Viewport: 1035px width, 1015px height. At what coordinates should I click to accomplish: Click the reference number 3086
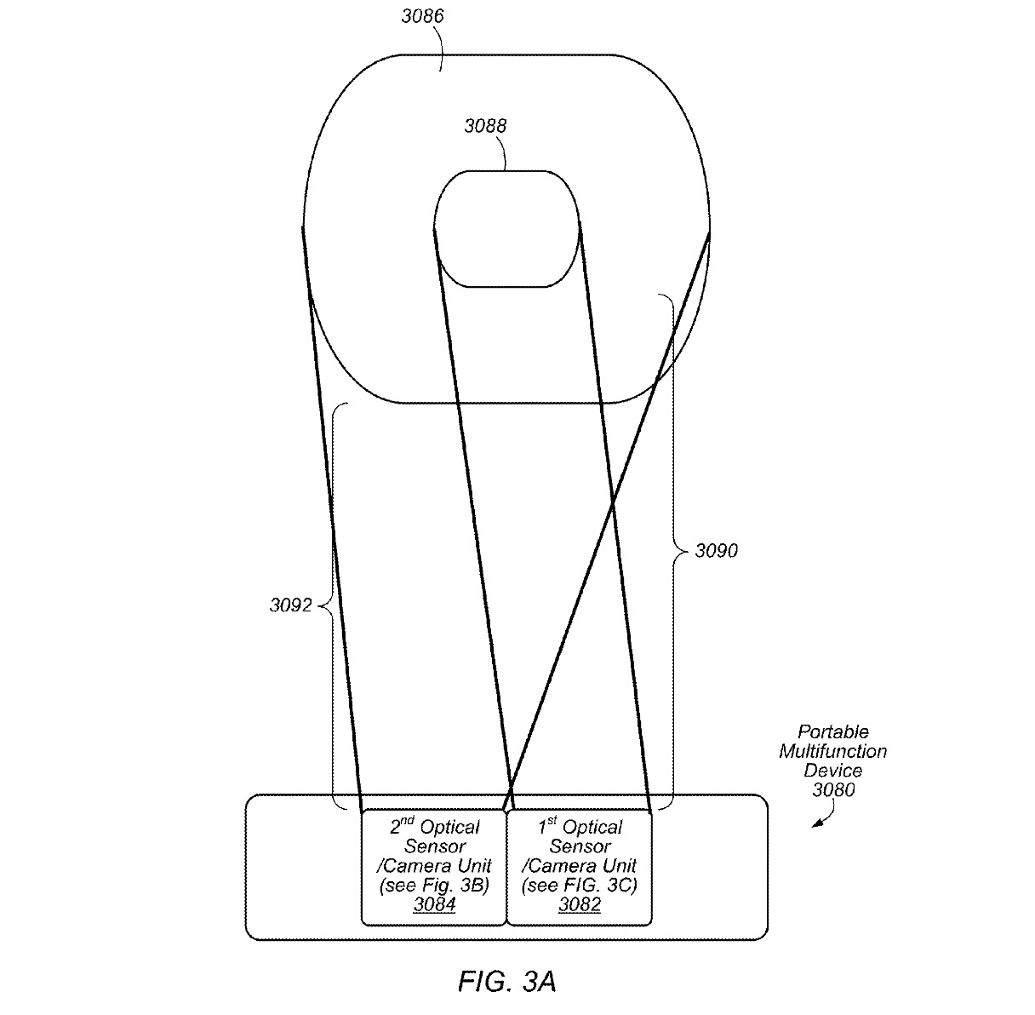(423, 16)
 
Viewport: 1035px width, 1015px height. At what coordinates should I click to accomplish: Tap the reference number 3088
(485, 126)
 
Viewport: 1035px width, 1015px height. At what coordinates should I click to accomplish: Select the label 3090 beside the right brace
(716, 551)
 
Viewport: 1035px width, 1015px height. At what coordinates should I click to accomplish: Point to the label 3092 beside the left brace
(290, 605)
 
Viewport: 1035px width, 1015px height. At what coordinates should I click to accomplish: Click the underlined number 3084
(435, 903)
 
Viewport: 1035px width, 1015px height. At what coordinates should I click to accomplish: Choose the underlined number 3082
(580, 903)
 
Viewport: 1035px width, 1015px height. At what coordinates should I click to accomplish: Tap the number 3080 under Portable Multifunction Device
(833, 789)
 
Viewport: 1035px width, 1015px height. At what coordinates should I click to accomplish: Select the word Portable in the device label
(833, 731)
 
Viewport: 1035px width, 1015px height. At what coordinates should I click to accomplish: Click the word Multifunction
(833, 751)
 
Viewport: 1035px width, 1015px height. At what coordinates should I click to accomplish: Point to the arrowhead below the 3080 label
(816, 823)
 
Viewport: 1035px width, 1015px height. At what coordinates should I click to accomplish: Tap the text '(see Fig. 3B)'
(434, 885)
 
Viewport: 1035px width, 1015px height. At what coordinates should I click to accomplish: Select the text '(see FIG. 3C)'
(579, 885)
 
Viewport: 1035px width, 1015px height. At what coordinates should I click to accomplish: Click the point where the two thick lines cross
(613, 503)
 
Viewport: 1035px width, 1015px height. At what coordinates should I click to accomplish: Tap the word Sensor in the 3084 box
(435, 846)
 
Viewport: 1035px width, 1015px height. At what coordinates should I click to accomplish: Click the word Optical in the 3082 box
(592, 828)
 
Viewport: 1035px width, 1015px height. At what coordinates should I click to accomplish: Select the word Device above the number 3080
(833, 770)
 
